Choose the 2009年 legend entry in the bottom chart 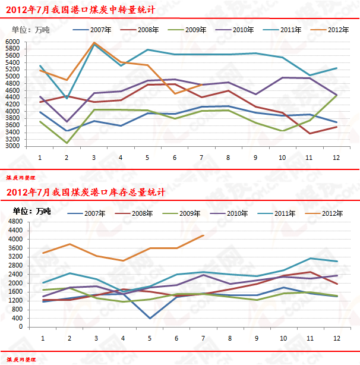[190, 213]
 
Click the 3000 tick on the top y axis [12, 146]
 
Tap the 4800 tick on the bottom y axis [15, 222]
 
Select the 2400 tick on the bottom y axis [15, 274]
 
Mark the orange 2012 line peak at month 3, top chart [94, 43]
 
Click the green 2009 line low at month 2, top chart [67, 143]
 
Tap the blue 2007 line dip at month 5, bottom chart [149, 318]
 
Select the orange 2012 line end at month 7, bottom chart [203, 235]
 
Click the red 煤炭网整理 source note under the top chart [20, 177]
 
